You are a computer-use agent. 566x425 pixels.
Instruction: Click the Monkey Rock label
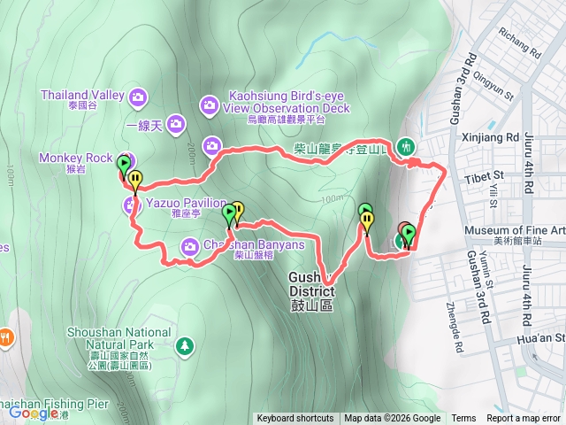coord(75,158)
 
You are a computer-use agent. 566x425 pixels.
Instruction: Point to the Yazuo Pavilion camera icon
coord(130,206)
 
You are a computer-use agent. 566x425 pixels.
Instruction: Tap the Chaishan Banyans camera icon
coord(190,246)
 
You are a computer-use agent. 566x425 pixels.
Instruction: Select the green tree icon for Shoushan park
coord(183,344)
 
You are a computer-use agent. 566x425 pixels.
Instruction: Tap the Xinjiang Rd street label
coord(490,138)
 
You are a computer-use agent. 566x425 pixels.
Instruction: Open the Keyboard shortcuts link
coord(295,419)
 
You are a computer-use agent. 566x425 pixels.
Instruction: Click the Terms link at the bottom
coord(463,419)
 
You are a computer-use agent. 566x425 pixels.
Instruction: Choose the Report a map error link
coord(525,419)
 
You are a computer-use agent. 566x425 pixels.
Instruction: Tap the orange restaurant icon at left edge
coord(6,336)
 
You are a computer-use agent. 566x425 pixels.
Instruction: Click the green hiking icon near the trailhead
coord(406,145)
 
